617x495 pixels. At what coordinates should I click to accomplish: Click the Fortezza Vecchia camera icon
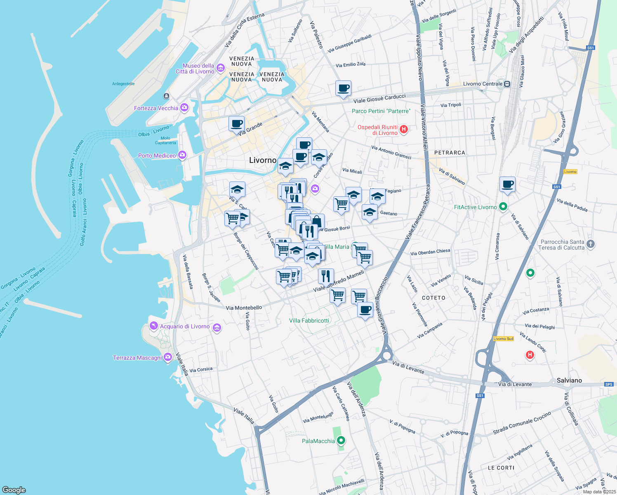pyautogui.click(x=184, y=108)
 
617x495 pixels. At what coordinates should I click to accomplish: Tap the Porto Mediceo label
pyautogui.click(x=157, y=156)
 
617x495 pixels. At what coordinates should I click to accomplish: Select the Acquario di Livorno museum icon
pyautogui.click(x=217, y=328)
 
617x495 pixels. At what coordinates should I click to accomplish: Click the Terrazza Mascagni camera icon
pyautogui.click(x=167, y=357)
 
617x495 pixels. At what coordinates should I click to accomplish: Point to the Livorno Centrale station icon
pyautogui.click(x=507, y=84)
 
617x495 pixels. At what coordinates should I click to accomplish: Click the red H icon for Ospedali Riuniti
pyautogui.click(x=404, y=130)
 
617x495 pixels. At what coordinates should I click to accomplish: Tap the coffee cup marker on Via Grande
pyautogui.click(x=237, y=124)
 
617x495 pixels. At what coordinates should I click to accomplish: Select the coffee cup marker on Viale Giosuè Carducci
pyautogui.click(x=343, y=88)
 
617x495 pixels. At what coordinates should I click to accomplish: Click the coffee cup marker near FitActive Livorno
pyautogui.click(x=507, y=184)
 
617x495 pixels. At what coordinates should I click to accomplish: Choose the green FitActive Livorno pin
pyautogui.click(x=503, y=207)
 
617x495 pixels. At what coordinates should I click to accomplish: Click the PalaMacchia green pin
pyautogui.click(x=341, y=441)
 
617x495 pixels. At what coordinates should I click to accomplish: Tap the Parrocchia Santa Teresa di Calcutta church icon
pyautogui.click(x=591, y=244)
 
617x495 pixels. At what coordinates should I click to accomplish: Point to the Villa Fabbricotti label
pyautogui.click(x=309, y=321)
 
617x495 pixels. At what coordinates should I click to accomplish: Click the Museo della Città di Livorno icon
pyautogui.click(x=220, y=68)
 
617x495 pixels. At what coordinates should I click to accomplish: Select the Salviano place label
pyautogui.click(x=569, y=380)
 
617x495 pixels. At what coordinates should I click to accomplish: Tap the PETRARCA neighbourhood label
pyautogui.click(x=450, y=153)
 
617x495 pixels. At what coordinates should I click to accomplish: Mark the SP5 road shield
pyautogui.click(x=609, y=384)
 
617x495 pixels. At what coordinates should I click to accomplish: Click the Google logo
pyautogui.click(x=14, y=490)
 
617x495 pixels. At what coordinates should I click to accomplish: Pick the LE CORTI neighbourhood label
pyautogui.click(x=501, y=468)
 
